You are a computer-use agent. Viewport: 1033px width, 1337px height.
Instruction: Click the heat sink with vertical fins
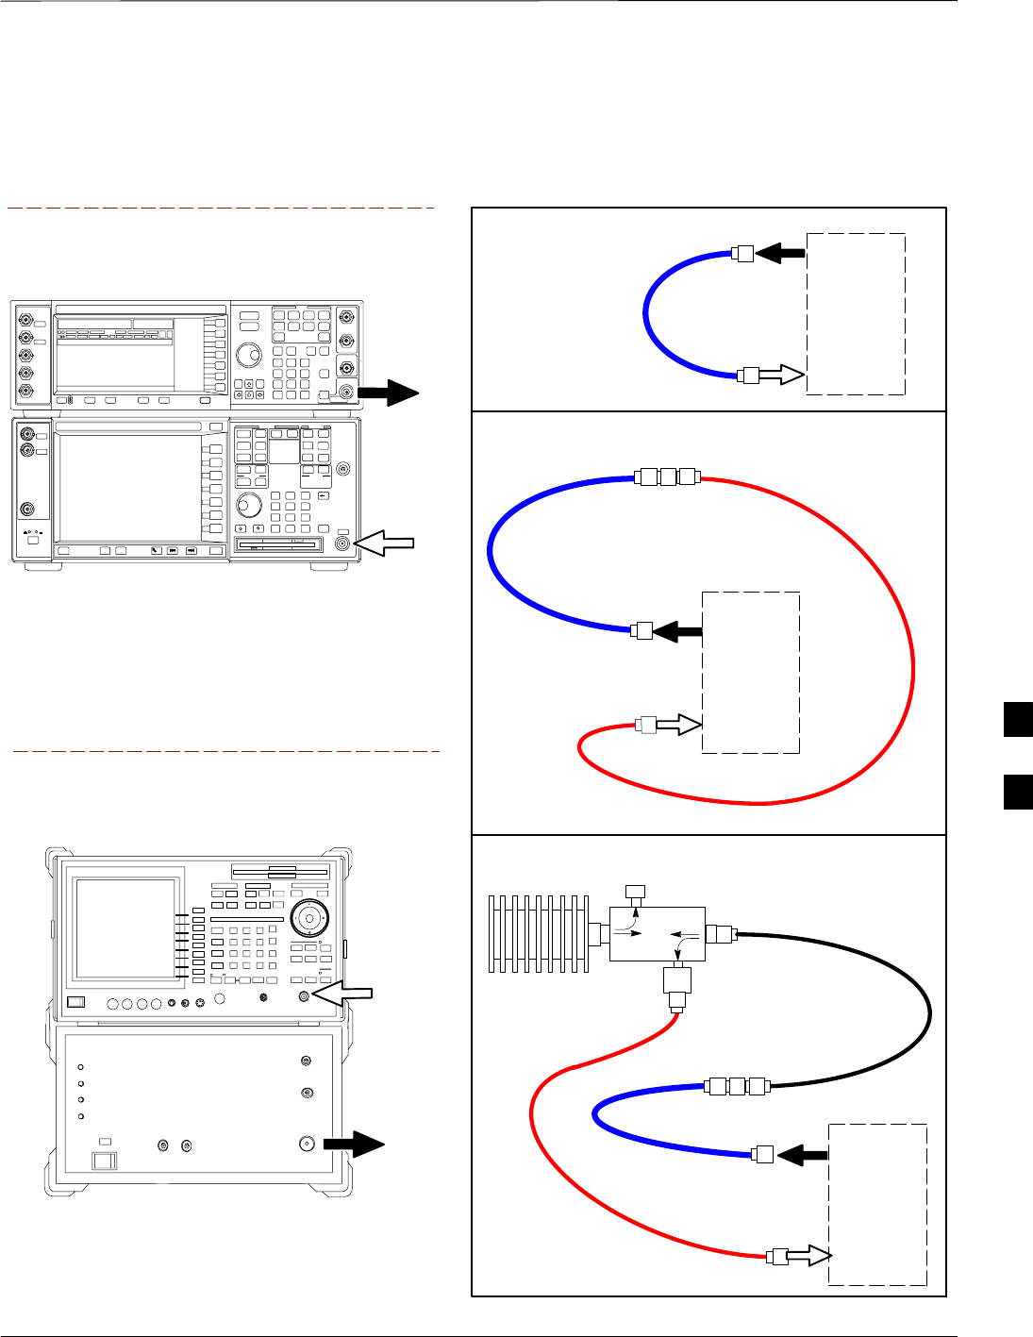pyautogui.click(x=538, y=934)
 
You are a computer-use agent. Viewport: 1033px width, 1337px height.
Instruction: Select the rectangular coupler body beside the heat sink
pyautogui.click(x=658, y=934)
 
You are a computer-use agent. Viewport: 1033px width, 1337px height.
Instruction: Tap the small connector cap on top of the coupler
pyautogui.click(x=636, y=892)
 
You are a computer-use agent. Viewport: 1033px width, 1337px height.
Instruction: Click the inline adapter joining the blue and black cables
pyautogui.click(x=738, y=1086)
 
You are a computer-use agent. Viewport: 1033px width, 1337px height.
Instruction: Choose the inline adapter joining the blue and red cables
pyautogui.click(x=668, y=476)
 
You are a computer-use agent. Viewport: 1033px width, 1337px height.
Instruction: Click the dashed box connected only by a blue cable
pyautogui.click(x=856, y=314)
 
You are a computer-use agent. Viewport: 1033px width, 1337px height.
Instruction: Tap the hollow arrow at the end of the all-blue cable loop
pyautogui.click(x=782, y=375)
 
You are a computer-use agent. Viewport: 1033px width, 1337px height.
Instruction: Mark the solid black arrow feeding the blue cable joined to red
pyautogui.click(x=678, y=631)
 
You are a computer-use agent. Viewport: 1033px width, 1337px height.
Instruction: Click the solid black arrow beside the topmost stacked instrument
pyautogui.click(x=389, y=393)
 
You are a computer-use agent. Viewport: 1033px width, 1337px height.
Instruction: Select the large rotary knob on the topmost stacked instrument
pyautogui.click(x=249, y=356)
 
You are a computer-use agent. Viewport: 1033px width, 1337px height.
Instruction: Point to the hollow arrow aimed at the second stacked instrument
pyautogui.click(x=386, y=543)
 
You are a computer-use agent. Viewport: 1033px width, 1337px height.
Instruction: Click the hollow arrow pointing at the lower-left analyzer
pyautogui.click(x=344, y=994)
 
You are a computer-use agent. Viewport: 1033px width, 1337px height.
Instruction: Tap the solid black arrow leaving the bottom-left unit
pyautogui.click(x=354, y=1145)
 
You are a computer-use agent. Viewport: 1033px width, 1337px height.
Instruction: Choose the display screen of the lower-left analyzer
pyautogui.click(x=126, y=929)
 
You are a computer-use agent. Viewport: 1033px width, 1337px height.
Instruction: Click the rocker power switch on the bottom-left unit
pyautogui.click(x=104, y=1159)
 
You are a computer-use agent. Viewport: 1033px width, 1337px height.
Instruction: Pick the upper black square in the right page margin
pyautogui.click(x=1018, y=720)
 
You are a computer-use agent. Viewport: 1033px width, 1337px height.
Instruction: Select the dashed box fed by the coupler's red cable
pyautogui.click(x=877, y=1204)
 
